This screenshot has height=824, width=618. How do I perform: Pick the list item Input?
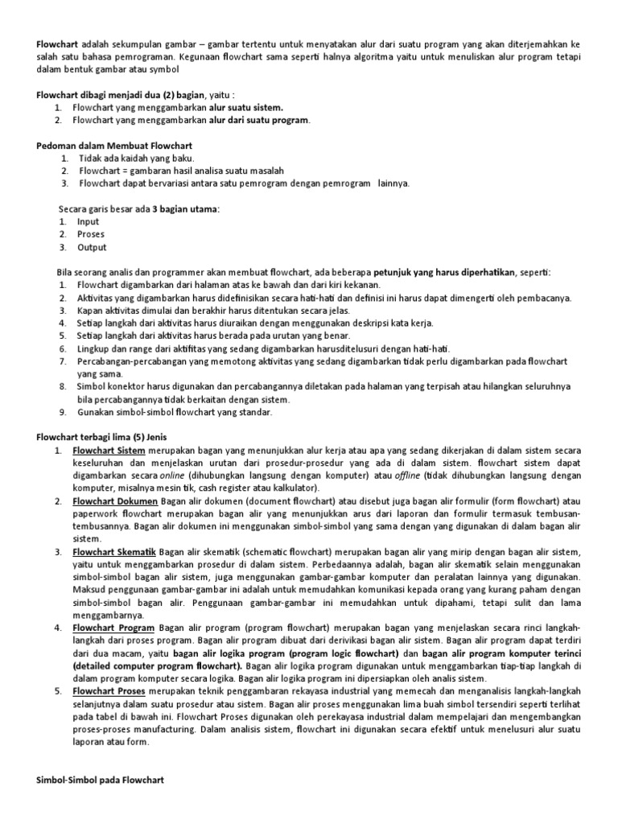tap(88, 221)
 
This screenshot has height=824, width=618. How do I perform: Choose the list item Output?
tap(91, 247)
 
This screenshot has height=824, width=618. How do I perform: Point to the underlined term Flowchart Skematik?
tap(115, 552)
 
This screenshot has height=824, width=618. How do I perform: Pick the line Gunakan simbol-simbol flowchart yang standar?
tap(175, 412)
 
